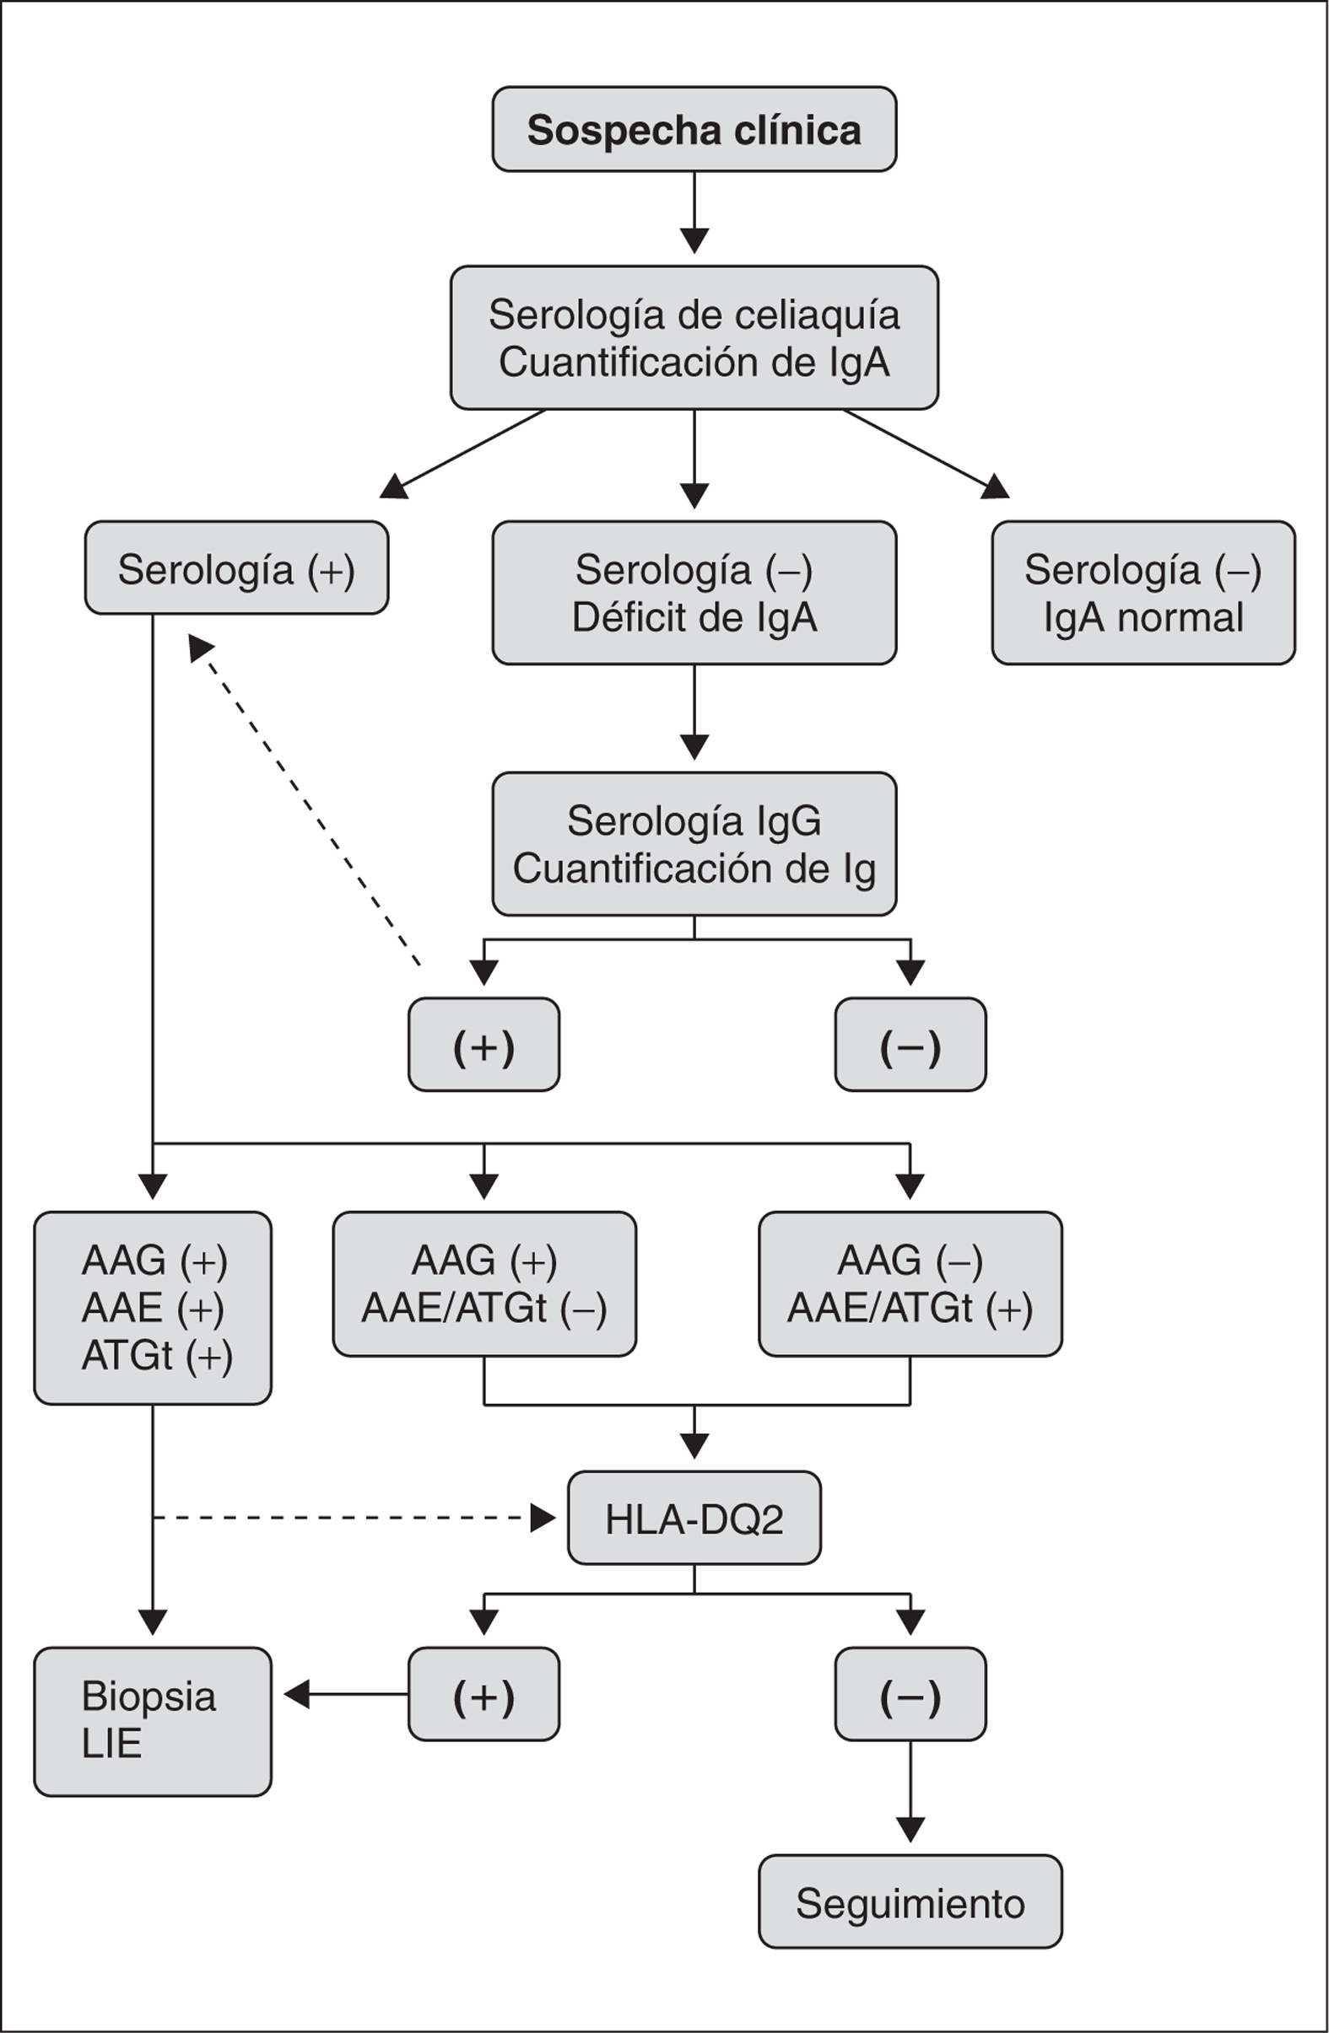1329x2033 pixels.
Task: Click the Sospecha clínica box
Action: [x=694, y=130]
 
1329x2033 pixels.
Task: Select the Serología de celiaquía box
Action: [x=694, y=338]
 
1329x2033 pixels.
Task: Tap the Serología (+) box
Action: [x=237, y=568]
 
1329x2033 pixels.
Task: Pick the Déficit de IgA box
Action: [x=694, y=593]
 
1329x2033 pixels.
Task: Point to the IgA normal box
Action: [x=1143, y=593]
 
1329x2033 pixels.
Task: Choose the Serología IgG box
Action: [x=694, y=844]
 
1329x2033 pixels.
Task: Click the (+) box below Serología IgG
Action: [x=484, y=1044]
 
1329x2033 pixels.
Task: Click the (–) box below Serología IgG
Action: [x=910, y=1044]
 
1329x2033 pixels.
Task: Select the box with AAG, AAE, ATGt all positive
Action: [x=153, y=1307]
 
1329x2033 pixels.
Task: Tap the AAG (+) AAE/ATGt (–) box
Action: [x=484, y=1283]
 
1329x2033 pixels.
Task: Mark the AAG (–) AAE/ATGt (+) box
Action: [x=910, y=1283]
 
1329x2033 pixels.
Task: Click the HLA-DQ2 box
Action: [x=694, y=1518]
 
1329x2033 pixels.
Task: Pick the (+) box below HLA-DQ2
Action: [x=484, y=1694]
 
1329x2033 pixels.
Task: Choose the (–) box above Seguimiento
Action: [x=910, y=1694]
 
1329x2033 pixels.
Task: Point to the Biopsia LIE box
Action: [x=153, y=1720]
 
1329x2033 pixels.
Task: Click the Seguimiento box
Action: [x=910, y=1901]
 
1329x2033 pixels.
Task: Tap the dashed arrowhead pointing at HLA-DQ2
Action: [x=543, y=1518]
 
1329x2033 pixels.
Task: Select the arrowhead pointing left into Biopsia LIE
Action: [x=296, y=1694]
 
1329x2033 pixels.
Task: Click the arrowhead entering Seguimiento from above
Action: [x=910, y=1829]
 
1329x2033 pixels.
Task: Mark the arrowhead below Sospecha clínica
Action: [x=694, y=240]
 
